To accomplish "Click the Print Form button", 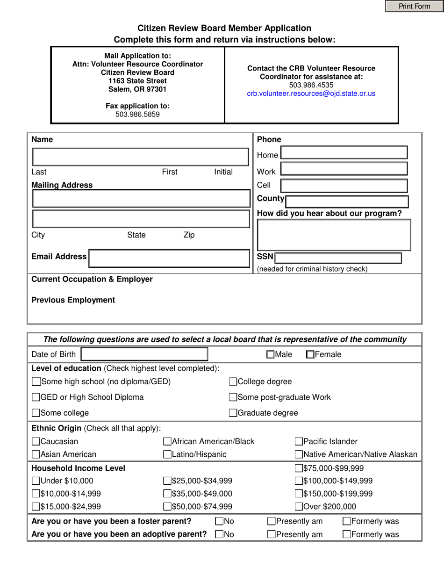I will pyautogui.click(x=414, y=6).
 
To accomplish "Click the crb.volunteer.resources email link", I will pyautogui.click(x=311, y=93).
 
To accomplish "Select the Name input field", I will pyautogui.click(x=140, y=157).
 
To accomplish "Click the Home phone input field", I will pyautogui.click(x=344, y=153).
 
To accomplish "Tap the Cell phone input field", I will pyautogui.click(x=344, y=186).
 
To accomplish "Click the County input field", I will pyautogui.click(x=346, y=201).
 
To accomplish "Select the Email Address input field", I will pyautogui.click(x=169, y=258).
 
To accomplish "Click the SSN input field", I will pyautogui.click(x=338, y=258).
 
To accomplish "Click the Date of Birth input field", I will pyautogui.click(x=144, y=354).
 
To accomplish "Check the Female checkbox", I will pyautogui.click(x=310, y=355).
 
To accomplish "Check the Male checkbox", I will pyautogui.click(x=270, y=355).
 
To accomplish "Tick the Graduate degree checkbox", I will pyautogui.click(x=233, y=413).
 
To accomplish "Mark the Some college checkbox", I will pyautogui.click(x=36, y=413).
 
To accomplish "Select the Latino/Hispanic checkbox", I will pyautogui.click(x=167, y=454).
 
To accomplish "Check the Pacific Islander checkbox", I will pyautogui.click(x=299, y=441).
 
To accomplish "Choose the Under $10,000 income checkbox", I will pyautogui.click(x=36, y=481).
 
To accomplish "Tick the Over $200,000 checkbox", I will pyautogui.click(x=299, y=506).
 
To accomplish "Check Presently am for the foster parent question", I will pyautogui.click(x=272, y=521).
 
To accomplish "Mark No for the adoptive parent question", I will pyautogui.click(x=219, y=534).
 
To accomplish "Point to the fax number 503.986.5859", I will pyautogui.click(x=137, y=114).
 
